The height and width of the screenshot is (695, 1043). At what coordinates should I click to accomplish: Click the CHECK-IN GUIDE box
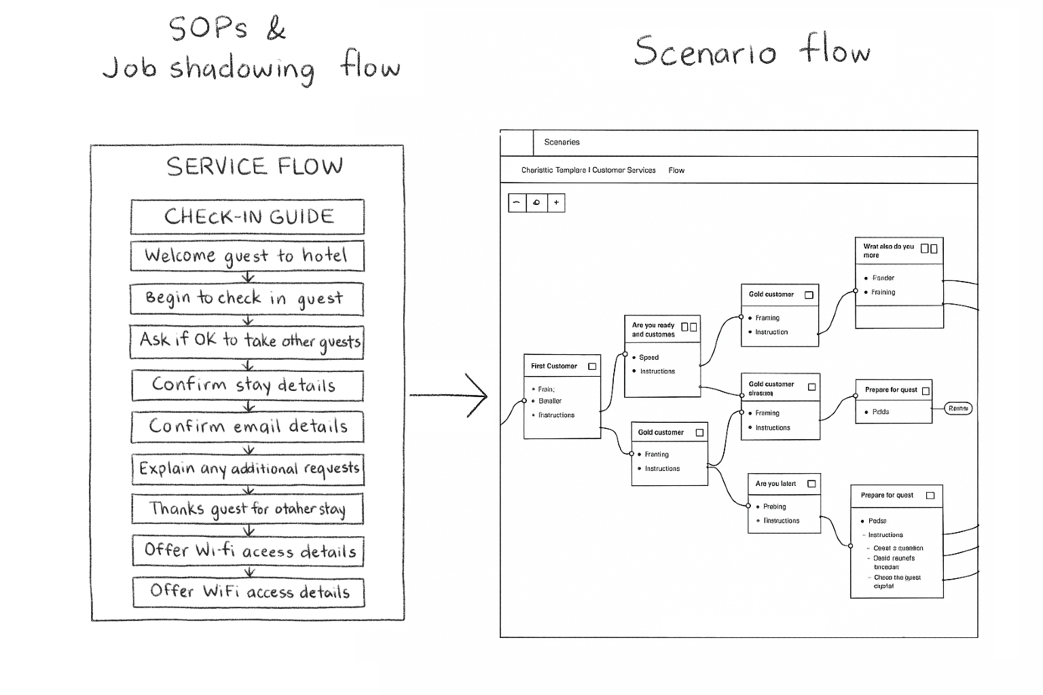(x=248, y=217)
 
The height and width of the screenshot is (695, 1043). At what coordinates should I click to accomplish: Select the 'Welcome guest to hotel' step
(x=246, y=256)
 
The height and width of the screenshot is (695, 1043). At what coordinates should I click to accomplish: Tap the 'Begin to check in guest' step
(x=246, y=299)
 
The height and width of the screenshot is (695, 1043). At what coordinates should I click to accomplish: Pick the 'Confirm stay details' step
(x=246, y=385)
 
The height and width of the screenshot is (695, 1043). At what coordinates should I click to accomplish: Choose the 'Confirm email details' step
(x=248, y=427)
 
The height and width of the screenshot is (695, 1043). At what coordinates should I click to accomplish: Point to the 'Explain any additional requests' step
(x=249, y=469)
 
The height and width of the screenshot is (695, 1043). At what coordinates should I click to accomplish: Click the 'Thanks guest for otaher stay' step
(x=248, y=509)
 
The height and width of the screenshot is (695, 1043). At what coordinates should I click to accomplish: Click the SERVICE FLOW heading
(x=254, y=166)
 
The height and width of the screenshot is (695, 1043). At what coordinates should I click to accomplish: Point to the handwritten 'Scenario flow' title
(x=751, y=52)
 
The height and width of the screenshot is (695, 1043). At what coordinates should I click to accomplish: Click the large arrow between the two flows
(x=449, y=395)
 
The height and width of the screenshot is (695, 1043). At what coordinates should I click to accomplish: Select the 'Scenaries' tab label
(x=562, y=143)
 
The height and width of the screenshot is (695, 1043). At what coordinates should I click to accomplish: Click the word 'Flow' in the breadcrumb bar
(x=676, y=170)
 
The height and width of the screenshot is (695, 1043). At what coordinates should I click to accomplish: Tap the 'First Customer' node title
(x=554, y=367)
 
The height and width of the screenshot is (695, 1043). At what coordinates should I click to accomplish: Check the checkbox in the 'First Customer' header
(x=592, y=367)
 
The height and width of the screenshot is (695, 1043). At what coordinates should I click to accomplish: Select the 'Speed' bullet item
(x=648, y=358)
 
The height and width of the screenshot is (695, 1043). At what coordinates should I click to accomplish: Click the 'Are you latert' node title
(x=775, y=484)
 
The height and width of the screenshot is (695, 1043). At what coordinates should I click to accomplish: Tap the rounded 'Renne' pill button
(x=958, y=409)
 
